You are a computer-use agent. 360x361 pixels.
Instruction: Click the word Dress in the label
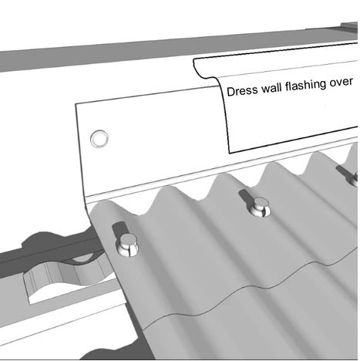pos(242,91)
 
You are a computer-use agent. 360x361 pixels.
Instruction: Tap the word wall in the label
pos(272,88)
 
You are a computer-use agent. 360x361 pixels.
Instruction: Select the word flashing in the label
pos(305,85)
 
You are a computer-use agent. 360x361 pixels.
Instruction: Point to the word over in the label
pos(341,82)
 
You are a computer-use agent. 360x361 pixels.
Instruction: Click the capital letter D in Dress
pos(230,92)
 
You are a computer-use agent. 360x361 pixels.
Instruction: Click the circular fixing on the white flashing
pos(99,139)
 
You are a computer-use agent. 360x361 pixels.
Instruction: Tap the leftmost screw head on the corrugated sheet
pos(127,245)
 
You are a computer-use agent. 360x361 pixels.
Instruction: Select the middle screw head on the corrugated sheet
pos(260,207)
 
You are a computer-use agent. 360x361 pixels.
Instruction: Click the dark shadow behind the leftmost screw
pos(119,230)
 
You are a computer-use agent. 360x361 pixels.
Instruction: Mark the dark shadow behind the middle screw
pos(247,197)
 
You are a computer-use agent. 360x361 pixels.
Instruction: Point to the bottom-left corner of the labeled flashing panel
pos(230,154)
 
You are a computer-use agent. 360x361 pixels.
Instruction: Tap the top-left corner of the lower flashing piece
pos(76,104)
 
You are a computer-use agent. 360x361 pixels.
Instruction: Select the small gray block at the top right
pos(349,27)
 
